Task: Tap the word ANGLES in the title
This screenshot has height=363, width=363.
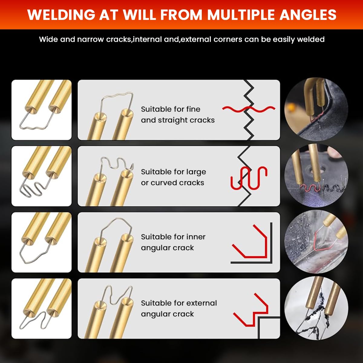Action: [x=308, y=15]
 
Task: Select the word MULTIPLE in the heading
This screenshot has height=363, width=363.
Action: [x=241, y=15]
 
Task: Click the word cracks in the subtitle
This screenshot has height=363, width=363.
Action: [x=119, y=39]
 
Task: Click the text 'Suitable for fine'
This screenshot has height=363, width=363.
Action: [x=171, y=109]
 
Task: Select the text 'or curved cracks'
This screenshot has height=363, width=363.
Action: [x=172, y=182]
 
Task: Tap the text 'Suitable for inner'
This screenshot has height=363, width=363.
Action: [x=173, y=237]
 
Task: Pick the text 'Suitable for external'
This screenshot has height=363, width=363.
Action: [x=179, y=303]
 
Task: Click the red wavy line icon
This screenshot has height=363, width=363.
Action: [x=249, y=109]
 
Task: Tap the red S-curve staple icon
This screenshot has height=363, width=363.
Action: [x=249, y=178]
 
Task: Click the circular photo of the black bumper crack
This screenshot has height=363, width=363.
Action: [x=316, y=110]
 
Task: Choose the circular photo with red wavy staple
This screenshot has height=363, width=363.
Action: [x=316, y=175]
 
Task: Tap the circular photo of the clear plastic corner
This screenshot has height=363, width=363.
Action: [x=316, y=242]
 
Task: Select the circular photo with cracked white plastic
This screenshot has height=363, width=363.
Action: [x=316, y=308]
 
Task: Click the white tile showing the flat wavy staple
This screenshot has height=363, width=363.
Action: [x=41, y=110]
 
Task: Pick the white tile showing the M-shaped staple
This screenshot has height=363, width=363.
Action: [x=41, y=309]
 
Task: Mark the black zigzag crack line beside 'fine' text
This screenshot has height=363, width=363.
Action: [x=249, y=110]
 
